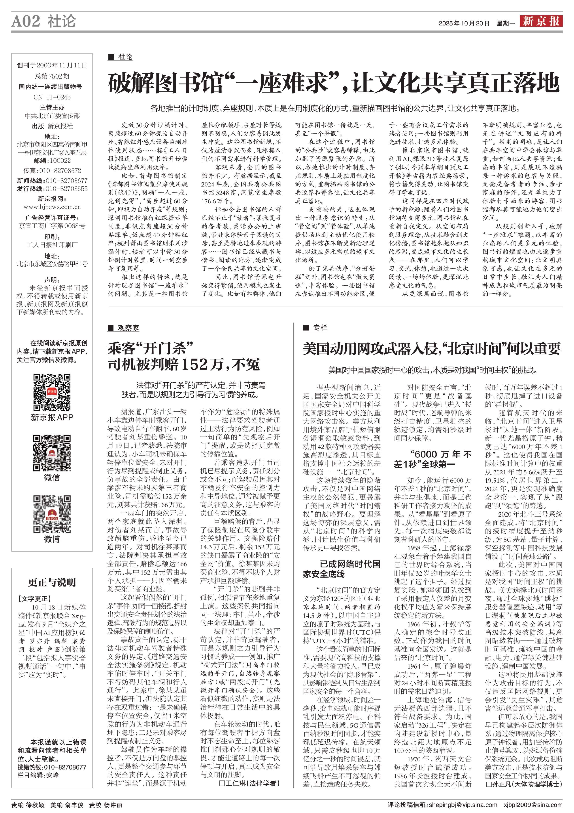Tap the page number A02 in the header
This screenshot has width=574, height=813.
(x=26, y=21)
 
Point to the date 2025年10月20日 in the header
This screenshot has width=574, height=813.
(x=464, y=23)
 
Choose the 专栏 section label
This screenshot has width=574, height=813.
(x=320, y=328)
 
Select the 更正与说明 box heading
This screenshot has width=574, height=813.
(x=52, y=582)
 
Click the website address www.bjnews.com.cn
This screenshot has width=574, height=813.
(x=52, y=207)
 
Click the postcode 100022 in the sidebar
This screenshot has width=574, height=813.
(x=60, y=160)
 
